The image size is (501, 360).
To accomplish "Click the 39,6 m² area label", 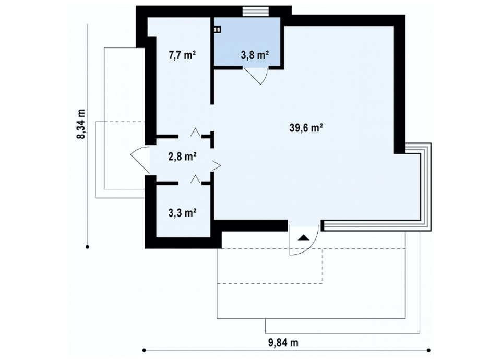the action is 306,128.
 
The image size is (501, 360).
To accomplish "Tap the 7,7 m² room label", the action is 182,55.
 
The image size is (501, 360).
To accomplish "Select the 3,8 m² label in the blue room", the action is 255,55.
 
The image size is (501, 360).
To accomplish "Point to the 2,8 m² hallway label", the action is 182,157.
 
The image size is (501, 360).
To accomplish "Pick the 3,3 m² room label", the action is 182,212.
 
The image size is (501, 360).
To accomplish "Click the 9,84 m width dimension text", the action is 283,343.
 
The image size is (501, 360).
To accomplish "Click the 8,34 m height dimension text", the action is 81,124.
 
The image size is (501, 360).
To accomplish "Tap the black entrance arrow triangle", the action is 304,238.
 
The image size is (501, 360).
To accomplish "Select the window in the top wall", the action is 256,11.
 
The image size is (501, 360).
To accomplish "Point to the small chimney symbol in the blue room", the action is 217,30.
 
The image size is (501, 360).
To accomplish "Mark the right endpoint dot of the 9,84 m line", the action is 428,350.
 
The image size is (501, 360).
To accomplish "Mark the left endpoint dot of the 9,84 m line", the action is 144,350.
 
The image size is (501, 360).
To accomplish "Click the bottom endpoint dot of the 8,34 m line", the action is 87,247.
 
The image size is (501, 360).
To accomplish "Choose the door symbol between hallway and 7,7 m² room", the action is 196,133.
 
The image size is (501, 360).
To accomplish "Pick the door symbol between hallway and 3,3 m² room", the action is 196,179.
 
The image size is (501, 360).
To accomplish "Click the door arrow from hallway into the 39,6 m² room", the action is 216,165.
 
